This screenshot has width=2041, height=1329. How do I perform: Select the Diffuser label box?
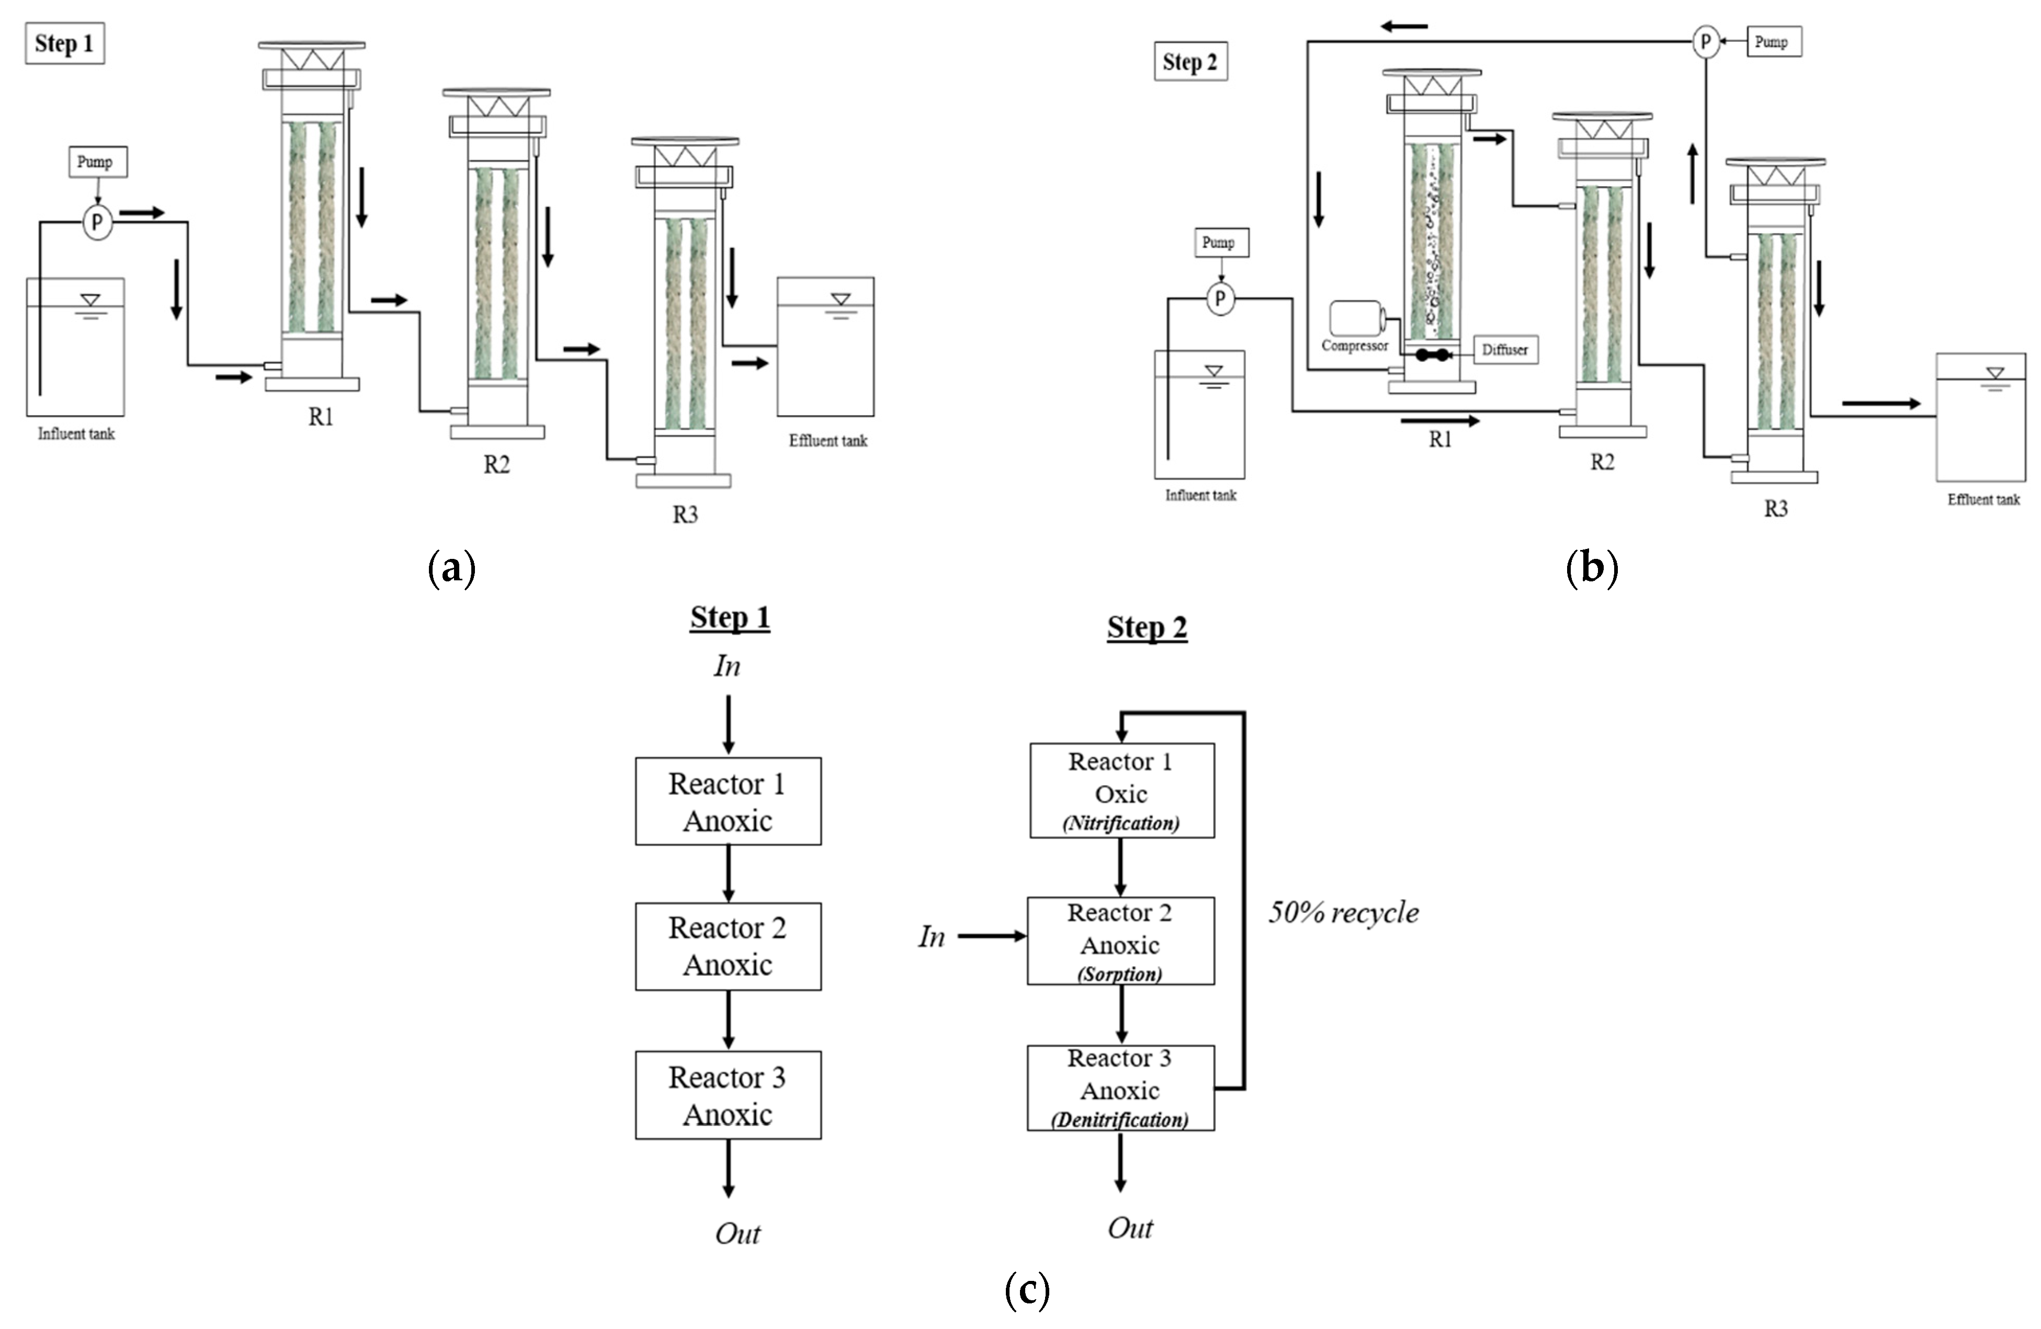1505,350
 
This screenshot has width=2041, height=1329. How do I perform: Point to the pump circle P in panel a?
97,223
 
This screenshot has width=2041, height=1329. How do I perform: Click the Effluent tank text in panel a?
827,441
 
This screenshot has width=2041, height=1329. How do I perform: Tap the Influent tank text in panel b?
1200,495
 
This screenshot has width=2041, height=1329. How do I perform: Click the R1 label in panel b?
1440,439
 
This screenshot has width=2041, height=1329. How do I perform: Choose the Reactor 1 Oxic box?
1121,790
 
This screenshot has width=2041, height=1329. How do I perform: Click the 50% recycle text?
1343,912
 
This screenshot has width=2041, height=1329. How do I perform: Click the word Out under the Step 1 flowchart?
738,1233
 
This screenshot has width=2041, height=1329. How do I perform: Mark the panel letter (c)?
1026,1290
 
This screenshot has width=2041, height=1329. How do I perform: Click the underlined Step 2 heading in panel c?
1147,627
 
